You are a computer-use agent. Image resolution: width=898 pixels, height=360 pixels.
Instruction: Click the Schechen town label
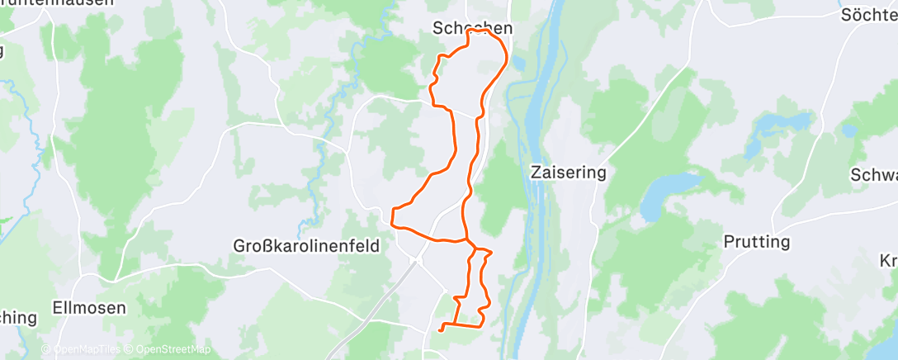tap(472, 28)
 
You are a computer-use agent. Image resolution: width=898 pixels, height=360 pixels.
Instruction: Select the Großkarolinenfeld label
tap(305, 246)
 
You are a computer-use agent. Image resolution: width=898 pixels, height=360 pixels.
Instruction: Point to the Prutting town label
tap(756, 242)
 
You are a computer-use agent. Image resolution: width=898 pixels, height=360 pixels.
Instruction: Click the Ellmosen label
tap(88, 308)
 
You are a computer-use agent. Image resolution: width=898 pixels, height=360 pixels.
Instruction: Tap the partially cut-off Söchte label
tap(869, 15)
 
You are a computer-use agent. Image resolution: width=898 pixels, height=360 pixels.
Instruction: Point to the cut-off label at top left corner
tap(58, 3)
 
